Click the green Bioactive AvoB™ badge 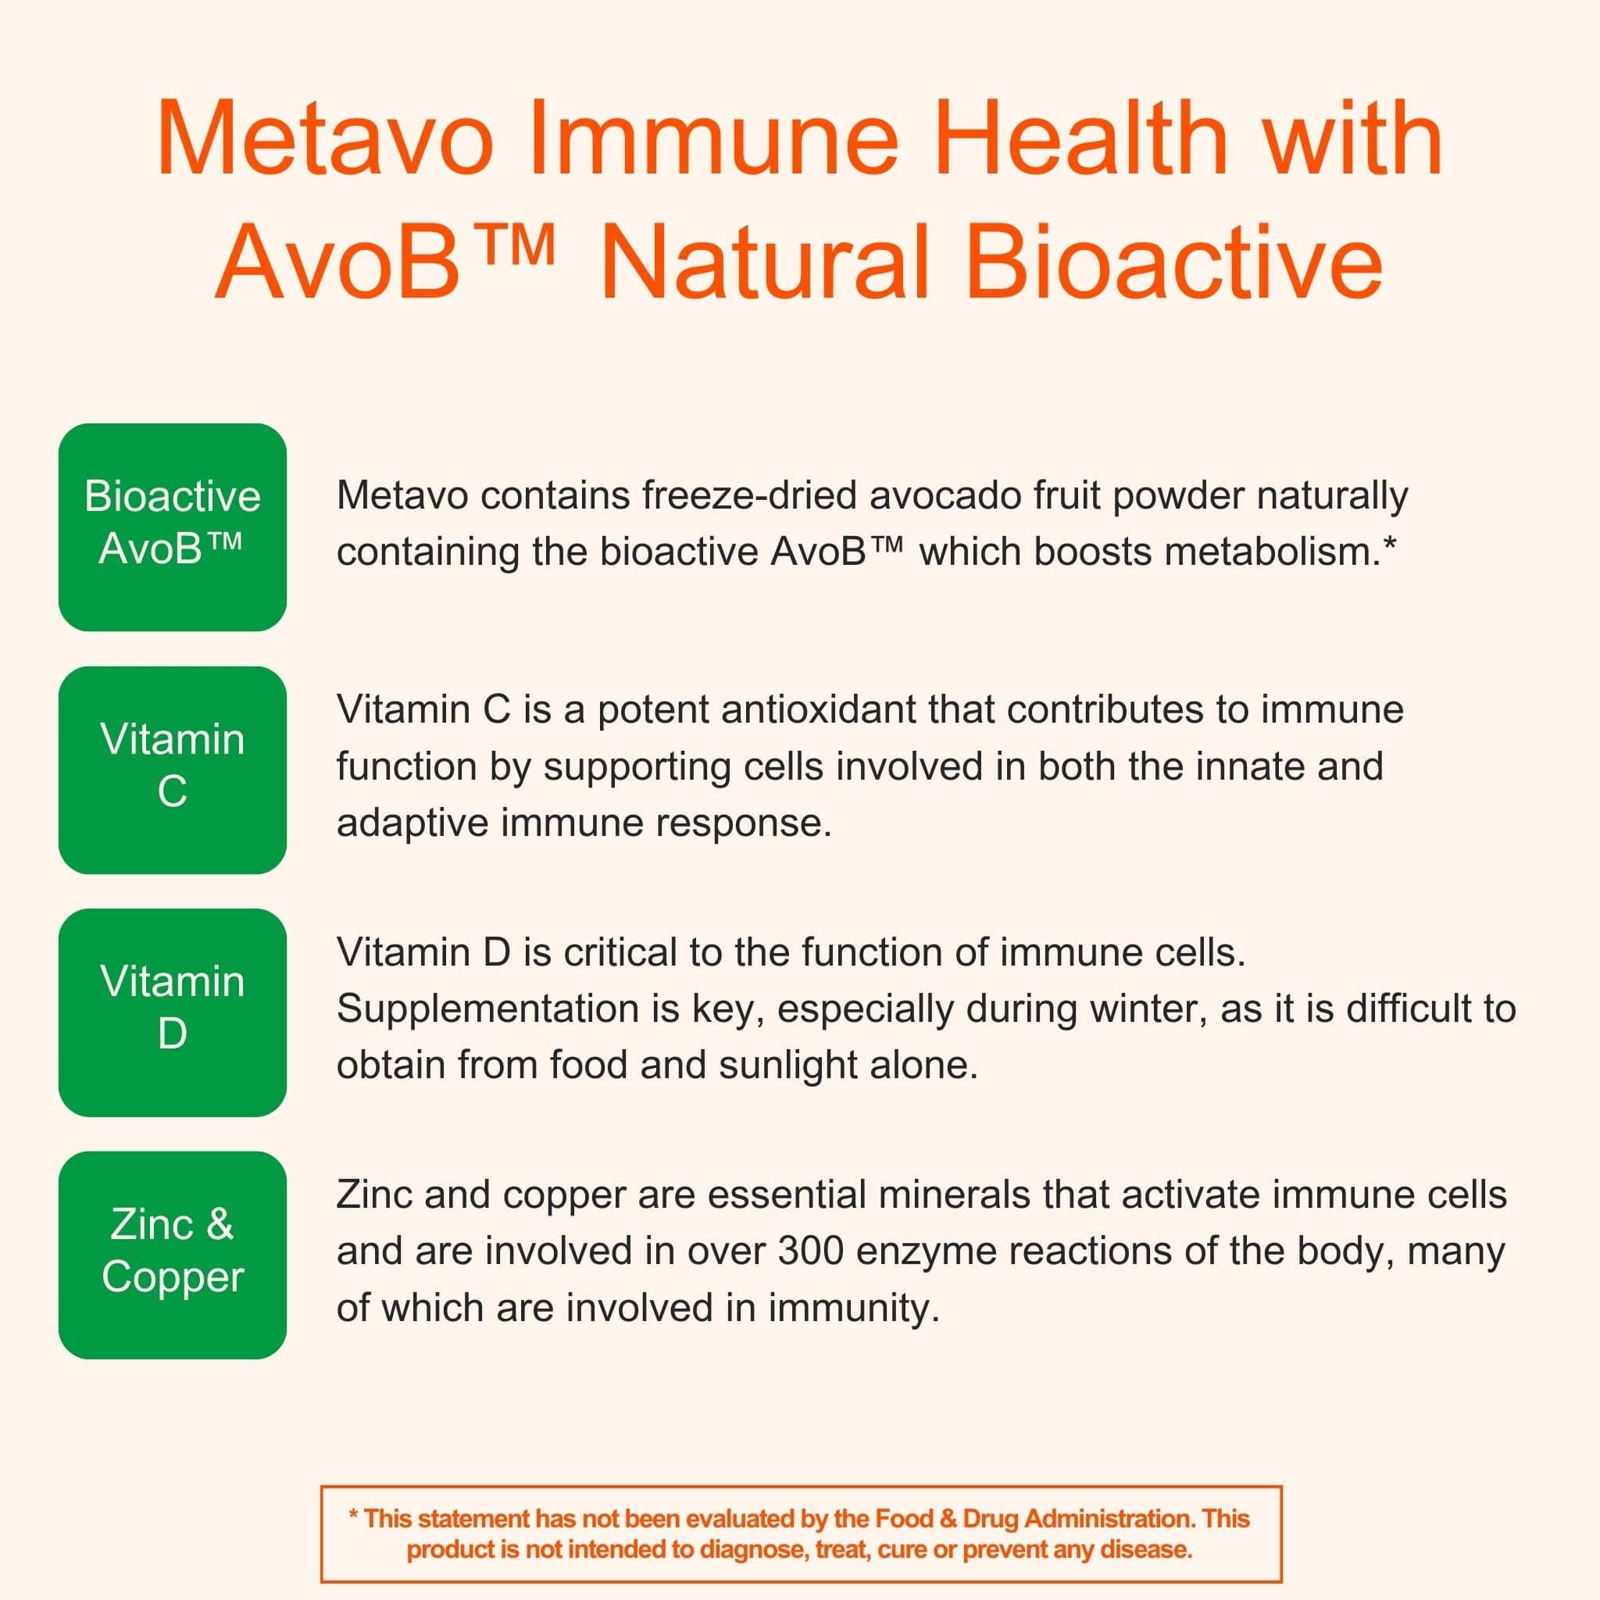coord(172,527)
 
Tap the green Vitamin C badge coord(172,770)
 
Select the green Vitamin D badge coord(172,1012)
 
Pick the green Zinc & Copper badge coord(172,1255)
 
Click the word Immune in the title coord(713,138)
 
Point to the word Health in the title coord(1079,138)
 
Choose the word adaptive coord(412,823)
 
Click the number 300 coord(810,1252)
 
